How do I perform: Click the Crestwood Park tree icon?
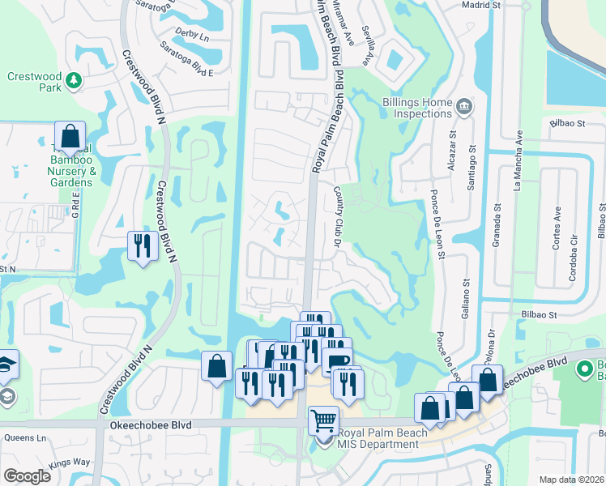coord(74,79)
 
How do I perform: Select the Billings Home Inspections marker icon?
coord(464,106)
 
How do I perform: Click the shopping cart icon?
coord(323,419)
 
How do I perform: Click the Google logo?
coord(27,476)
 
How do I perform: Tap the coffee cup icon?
coord(336,360)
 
